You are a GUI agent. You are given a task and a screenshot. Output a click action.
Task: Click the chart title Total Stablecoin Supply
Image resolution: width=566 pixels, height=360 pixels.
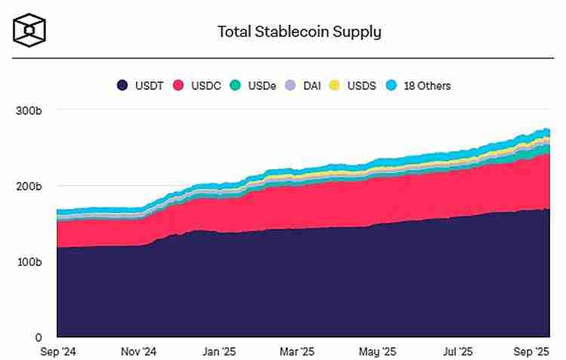[x=299, y=32]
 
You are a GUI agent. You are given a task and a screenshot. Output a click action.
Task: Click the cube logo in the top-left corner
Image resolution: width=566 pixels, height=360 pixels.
[x=29, y=29]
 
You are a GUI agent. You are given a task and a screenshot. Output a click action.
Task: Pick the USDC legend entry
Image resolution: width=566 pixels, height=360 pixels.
[x=197, y=86]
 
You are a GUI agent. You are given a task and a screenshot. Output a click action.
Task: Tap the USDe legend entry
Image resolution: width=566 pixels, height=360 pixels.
[x=254, y=86]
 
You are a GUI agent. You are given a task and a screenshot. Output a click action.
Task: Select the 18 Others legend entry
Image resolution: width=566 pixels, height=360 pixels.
[x=418, y=86]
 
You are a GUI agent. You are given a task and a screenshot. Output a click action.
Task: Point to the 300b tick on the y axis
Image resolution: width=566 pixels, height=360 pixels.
[x=28, y=111]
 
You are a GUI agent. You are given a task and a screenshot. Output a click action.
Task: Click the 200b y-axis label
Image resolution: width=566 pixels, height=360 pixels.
[x=28, y=186]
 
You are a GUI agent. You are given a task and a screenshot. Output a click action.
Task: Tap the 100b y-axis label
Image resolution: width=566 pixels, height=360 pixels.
[x=28, y=262]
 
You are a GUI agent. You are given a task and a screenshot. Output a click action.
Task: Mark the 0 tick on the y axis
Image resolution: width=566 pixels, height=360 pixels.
[x=38, y=337]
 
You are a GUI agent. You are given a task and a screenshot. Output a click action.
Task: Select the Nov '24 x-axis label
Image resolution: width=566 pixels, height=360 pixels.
[x=138, y=352]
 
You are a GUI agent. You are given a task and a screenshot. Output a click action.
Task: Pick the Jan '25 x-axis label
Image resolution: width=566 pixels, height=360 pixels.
[x=220, y=352]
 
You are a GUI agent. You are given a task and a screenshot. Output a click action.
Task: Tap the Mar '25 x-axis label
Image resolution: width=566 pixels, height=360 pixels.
[x=297, y=352]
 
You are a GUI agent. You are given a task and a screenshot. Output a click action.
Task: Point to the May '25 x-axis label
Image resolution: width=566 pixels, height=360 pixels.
[x=377, y=352]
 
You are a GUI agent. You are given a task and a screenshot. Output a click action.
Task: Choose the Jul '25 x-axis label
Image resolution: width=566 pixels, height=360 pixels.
[x=457, y=352]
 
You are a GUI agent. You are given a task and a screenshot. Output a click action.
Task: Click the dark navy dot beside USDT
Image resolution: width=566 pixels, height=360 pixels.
[x=122, y=86]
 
